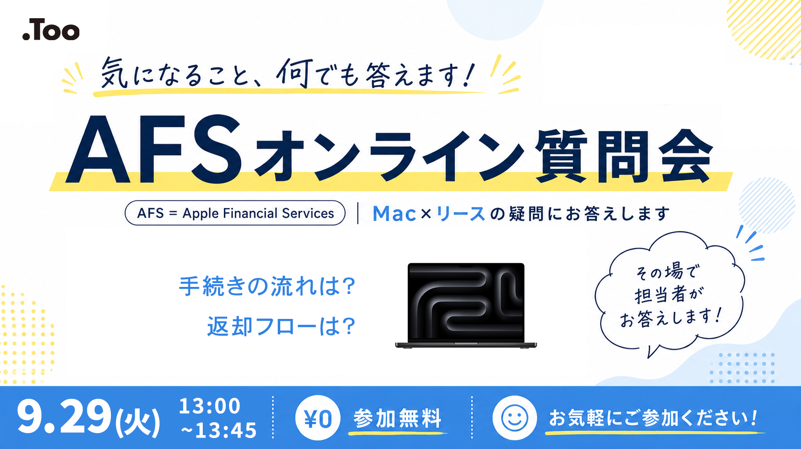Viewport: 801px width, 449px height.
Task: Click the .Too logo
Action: click(51, 30)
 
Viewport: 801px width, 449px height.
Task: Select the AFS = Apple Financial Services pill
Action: click(235, 213)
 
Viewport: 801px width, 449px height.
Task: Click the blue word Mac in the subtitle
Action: click(394, 214)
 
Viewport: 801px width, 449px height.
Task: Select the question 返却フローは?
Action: click(281, 326)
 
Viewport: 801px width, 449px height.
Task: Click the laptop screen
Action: click(466, 301)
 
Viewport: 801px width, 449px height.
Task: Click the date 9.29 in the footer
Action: click(64, 417)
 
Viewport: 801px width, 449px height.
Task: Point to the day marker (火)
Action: click(138, 421)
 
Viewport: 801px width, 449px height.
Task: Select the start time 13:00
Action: click(209, 406)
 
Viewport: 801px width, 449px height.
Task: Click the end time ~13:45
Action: click(219, 430)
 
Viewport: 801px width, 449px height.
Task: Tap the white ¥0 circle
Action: click(318, 417)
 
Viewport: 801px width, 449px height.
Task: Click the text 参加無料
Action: click(397, 418)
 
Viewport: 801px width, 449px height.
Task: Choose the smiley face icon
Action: click(515, 417)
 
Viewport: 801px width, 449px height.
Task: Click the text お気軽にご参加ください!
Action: click(653, 418)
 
